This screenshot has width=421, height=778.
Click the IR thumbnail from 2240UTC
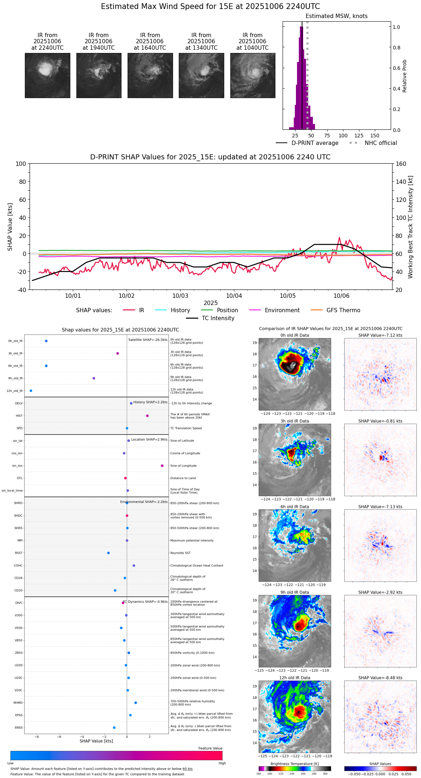[x=47, y=75]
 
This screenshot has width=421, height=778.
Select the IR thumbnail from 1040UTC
[x=253, y=75]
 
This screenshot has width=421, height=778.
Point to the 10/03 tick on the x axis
[x=180, y=296]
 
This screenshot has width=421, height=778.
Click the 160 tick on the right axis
[x=401, y=164]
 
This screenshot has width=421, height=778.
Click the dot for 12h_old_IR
[x=31, y=391]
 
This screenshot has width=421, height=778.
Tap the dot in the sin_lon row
[x=162, y=466]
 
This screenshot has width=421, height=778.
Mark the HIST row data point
[x=147, y=416]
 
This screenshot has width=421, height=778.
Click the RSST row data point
[x=108, y=553]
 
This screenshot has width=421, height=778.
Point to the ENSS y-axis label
[x=19, y=728]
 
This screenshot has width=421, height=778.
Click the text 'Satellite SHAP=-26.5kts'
[x=148, y=340]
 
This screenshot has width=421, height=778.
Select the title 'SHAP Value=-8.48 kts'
[x=380, y=678]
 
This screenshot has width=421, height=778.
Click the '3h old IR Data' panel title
[x=294, y=421]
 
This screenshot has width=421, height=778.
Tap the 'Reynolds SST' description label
[x=181, y=553]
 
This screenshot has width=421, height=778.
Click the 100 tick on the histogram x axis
[x=343, y=136]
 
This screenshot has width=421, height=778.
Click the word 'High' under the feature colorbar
[x=222, y=763]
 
